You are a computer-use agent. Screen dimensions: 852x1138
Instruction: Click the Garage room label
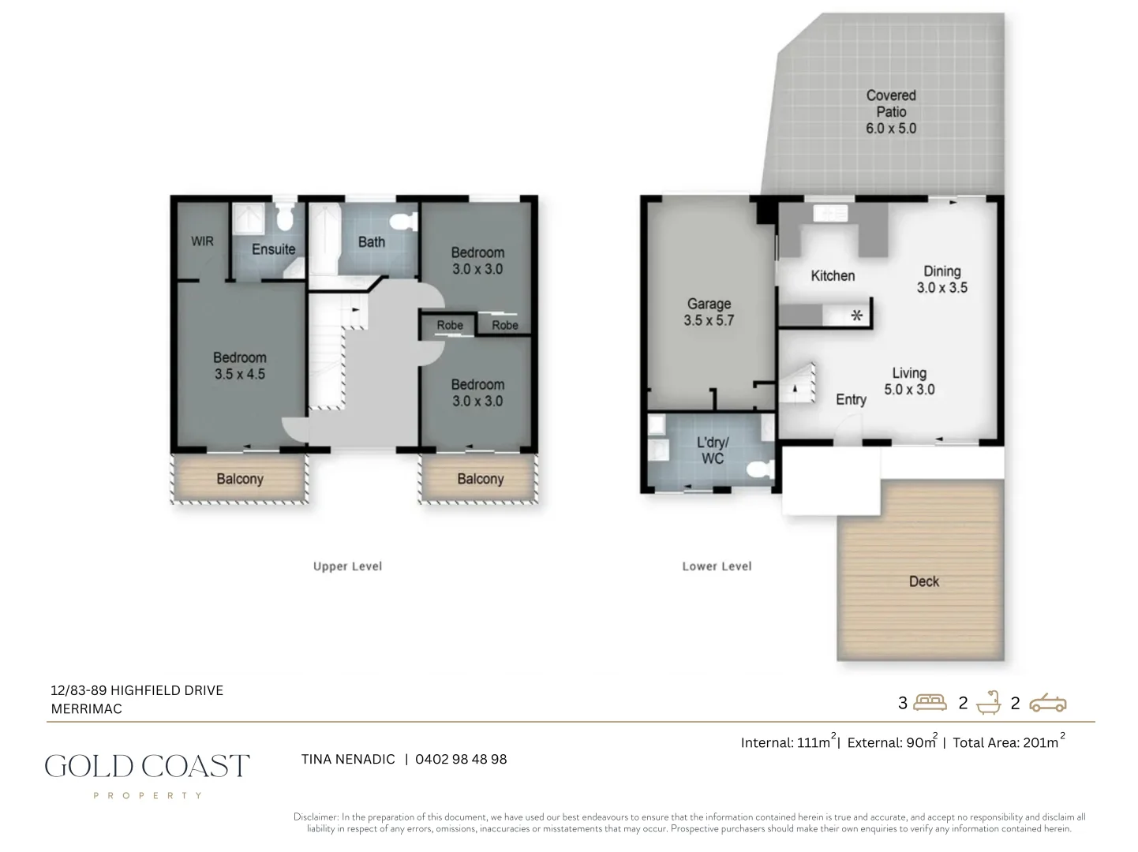[x=709, y=304]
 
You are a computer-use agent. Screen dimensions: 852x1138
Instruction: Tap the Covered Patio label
[x=891, y=103]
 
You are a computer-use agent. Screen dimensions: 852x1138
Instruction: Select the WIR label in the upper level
[x=202, y=241]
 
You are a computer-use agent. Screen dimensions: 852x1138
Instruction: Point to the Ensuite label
[x=273, y=249]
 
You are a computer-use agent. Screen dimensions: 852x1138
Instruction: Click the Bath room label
[x=371, y=242]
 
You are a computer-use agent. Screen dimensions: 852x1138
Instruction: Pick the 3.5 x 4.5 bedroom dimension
[x=240, y=375]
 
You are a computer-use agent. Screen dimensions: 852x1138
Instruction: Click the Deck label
[x=923, y=581]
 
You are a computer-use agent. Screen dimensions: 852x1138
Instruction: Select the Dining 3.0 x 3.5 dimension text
[x=941, y=288]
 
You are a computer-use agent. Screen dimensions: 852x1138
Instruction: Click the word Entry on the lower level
[x=851, y=400]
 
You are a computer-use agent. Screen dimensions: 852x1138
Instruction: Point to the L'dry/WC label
[x=713, y=450]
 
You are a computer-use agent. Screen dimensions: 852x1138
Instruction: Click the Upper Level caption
[x=347, y=566]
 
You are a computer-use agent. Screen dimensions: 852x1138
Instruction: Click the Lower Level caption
[x=717, y=566]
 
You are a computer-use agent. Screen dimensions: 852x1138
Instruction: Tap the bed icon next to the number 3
[x=930, y=702]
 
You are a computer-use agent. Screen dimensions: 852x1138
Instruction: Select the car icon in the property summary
[x=1047, y=702]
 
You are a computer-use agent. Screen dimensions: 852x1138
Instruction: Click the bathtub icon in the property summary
[x=988, y=702]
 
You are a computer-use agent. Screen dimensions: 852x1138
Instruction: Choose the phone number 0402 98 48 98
[x=461, y=759]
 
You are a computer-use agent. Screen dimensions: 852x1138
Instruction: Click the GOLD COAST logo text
[x=147, y=766]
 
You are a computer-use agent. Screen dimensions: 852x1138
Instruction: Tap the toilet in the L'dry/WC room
[x=759, y=470]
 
